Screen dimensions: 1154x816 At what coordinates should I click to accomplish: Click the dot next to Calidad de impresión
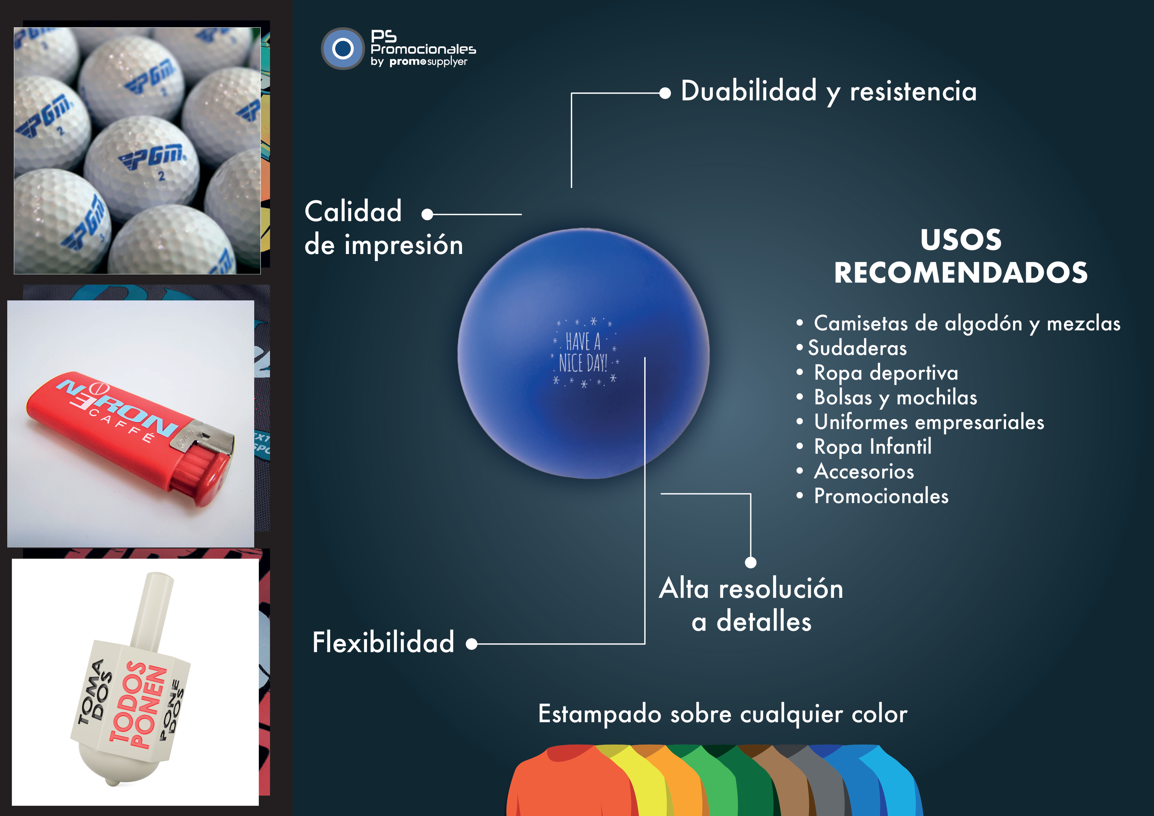pyautogui.click(x=427, y=215)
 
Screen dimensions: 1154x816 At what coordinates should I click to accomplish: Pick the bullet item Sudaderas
pyautogui.click(x=857, y=348)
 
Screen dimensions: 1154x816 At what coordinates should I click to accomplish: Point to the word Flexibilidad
pyautogui.click(x=383, y=642)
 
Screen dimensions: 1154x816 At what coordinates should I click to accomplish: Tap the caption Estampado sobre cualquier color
pyautogui.click(x=723, y=714)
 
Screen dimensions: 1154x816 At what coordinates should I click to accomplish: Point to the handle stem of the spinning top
pyautogui.click(x=152, y=611)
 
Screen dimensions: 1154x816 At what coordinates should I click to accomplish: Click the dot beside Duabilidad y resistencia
pyautogui.click(x=665, y=93)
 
